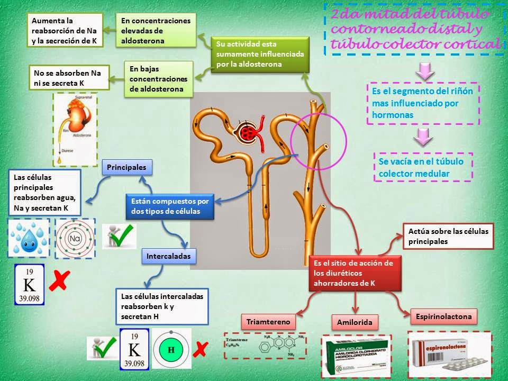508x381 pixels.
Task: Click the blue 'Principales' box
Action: coord(126,167)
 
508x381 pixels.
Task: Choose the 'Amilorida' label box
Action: coord(355,322)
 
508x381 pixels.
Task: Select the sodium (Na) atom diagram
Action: coord(75,239)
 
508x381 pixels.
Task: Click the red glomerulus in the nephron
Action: coord(248,132)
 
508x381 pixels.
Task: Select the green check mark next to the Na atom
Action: coord(120,236)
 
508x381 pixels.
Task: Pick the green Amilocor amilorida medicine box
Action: coord(356,353)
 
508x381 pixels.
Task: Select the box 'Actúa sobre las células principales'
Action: coord(448,236)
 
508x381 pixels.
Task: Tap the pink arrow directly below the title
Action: coord(425,70)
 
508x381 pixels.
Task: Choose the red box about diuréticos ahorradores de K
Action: coord(352,273)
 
